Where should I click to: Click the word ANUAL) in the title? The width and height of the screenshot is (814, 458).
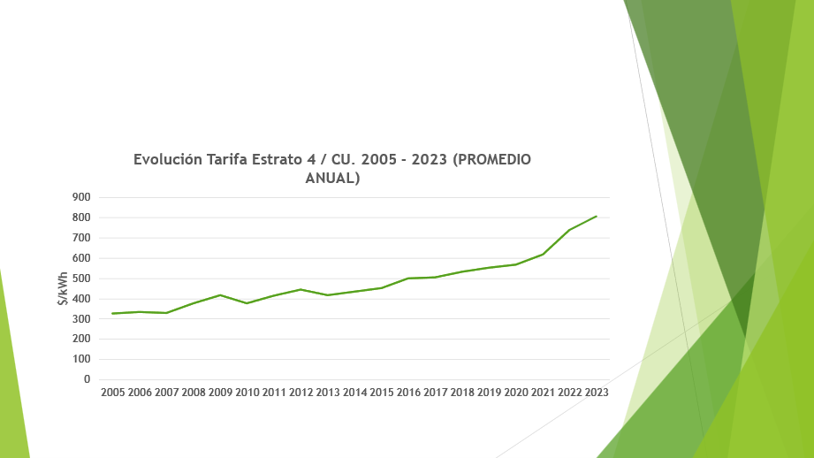[x=332, y=178]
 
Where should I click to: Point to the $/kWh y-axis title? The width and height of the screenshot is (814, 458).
[x=63, y=288]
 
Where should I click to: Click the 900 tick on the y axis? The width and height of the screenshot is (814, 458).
[x=82, y=197]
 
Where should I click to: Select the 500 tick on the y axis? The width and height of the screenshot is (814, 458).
[x=82, y=279]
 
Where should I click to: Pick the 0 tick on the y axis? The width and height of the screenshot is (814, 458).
[x=87, y=379]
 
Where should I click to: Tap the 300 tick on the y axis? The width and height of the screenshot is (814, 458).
[x=82, y=318]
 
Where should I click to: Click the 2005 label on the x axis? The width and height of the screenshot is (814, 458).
[x=113, y=392]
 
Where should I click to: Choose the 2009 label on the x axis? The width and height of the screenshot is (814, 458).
[x=220, y=392]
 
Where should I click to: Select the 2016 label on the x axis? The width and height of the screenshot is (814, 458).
[x=408, y=392]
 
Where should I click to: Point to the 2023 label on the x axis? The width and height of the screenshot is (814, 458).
[x=597, y=392]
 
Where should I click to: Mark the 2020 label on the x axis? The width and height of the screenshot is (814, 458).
[x=516, y=392]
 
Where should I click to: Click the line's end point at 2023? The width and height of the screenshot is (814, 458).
[x=597, y=216]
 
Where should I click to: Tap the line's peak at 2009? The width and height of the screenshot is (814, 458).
[x=220, y=294]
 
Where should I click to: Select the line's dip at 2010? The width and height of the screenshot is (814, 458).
[x=247, y=303]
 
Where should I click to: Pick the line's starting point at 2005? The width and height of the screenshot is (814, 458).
[x=113, y=313]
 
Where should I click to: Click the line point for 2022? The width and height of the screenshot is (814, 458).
[x=569, y=230]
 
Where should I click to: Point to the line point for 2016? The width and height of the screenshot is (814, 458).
[x=408, y=279]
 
